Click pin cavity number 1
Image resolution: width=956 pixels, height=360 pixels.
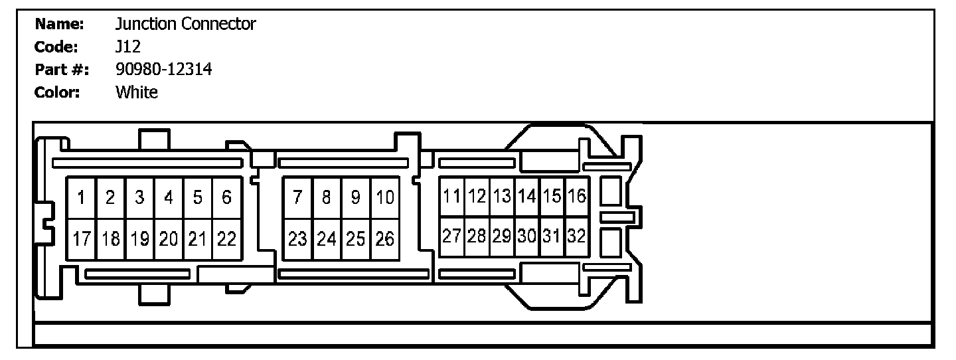pyautogui.click(x=81, y=198)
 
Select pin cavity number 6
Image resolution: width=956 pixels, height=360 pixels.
pyautogui.click(x=226, y=198)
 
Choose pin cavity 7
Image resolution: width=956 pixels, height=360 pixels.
pyautogui.click(x=297, y=198)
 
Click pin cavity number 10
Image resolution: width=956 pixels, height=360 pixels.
pyautogui.click(x=385, y=198)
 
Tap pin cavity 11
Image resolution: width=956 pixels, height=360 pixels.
pyautogui.click(x=452, y=197)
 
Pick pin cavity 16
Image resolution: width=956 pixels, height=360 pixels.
pyautogui.click(x=577, y=197)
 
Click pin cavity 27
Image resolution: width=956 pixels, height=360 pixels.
pyautogui.click(x=452, y=236)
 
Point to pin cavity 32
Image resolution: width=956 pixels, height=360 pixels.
pyautogui.click(x=577, y=236)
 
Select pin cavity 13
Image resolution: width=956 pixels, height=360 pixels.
pyautogui.click(x=502, y=197)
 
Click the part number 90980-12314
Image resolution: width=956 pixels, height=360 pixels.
pyautogui.click(x=163, y=69)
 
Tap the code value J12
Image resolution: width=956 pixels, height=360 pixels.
pyautogui.click(x=127, y=47)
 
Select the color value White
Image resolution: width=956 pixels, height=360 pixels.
pyautogui.click(x=137, y=92)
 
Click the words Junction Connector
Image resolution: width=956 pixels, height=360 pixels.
pyautogui.click(x=185, y=25)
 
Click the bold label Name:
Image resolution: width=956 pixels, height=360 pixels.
pyautogui.click(x=59, y=25)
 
